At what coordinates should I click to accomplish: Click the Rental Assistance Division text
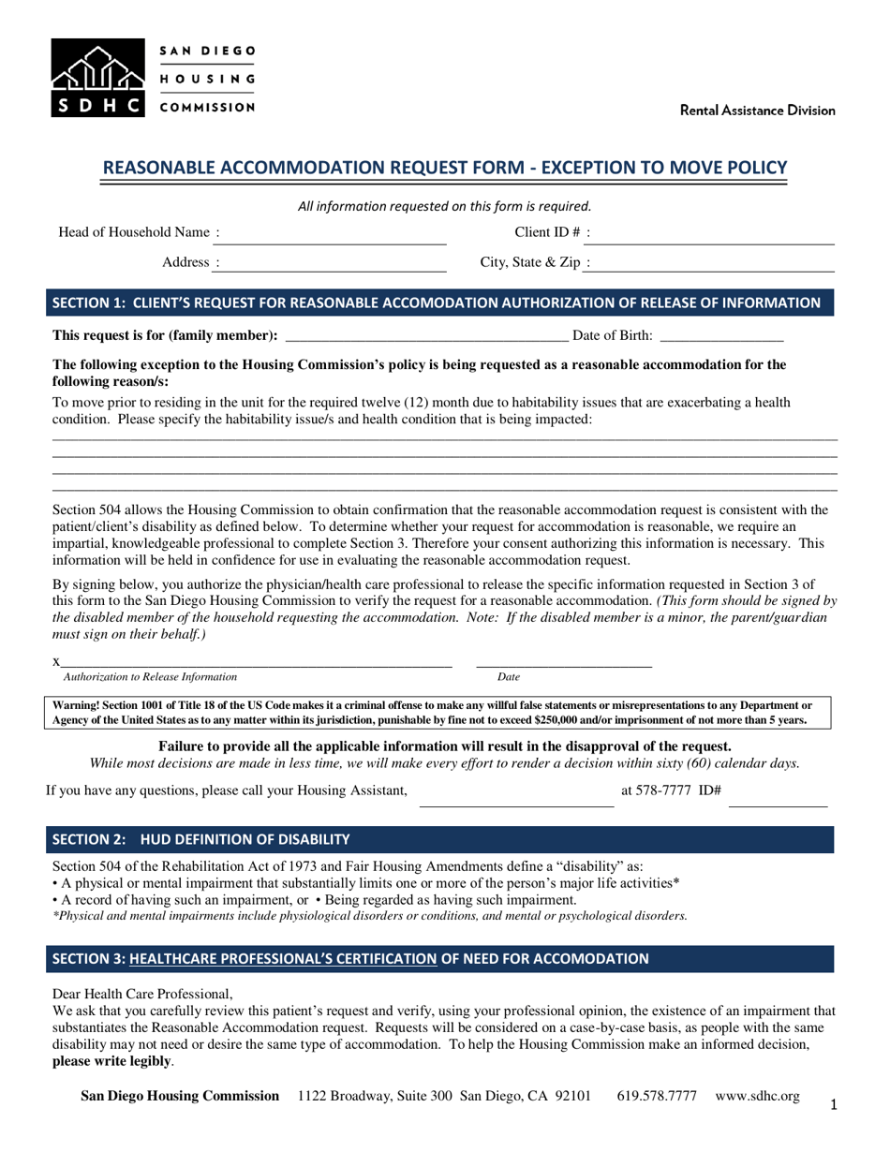[757, 111]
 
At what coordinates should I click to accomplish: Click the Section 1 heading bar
[439, 303]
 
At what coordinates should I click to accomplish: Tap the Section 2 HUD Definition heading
[201, 838]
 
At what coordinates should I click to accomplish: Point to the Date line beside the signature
[564, 662]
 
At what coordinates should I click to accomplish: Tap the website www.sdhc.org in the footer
[757, 1096]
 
